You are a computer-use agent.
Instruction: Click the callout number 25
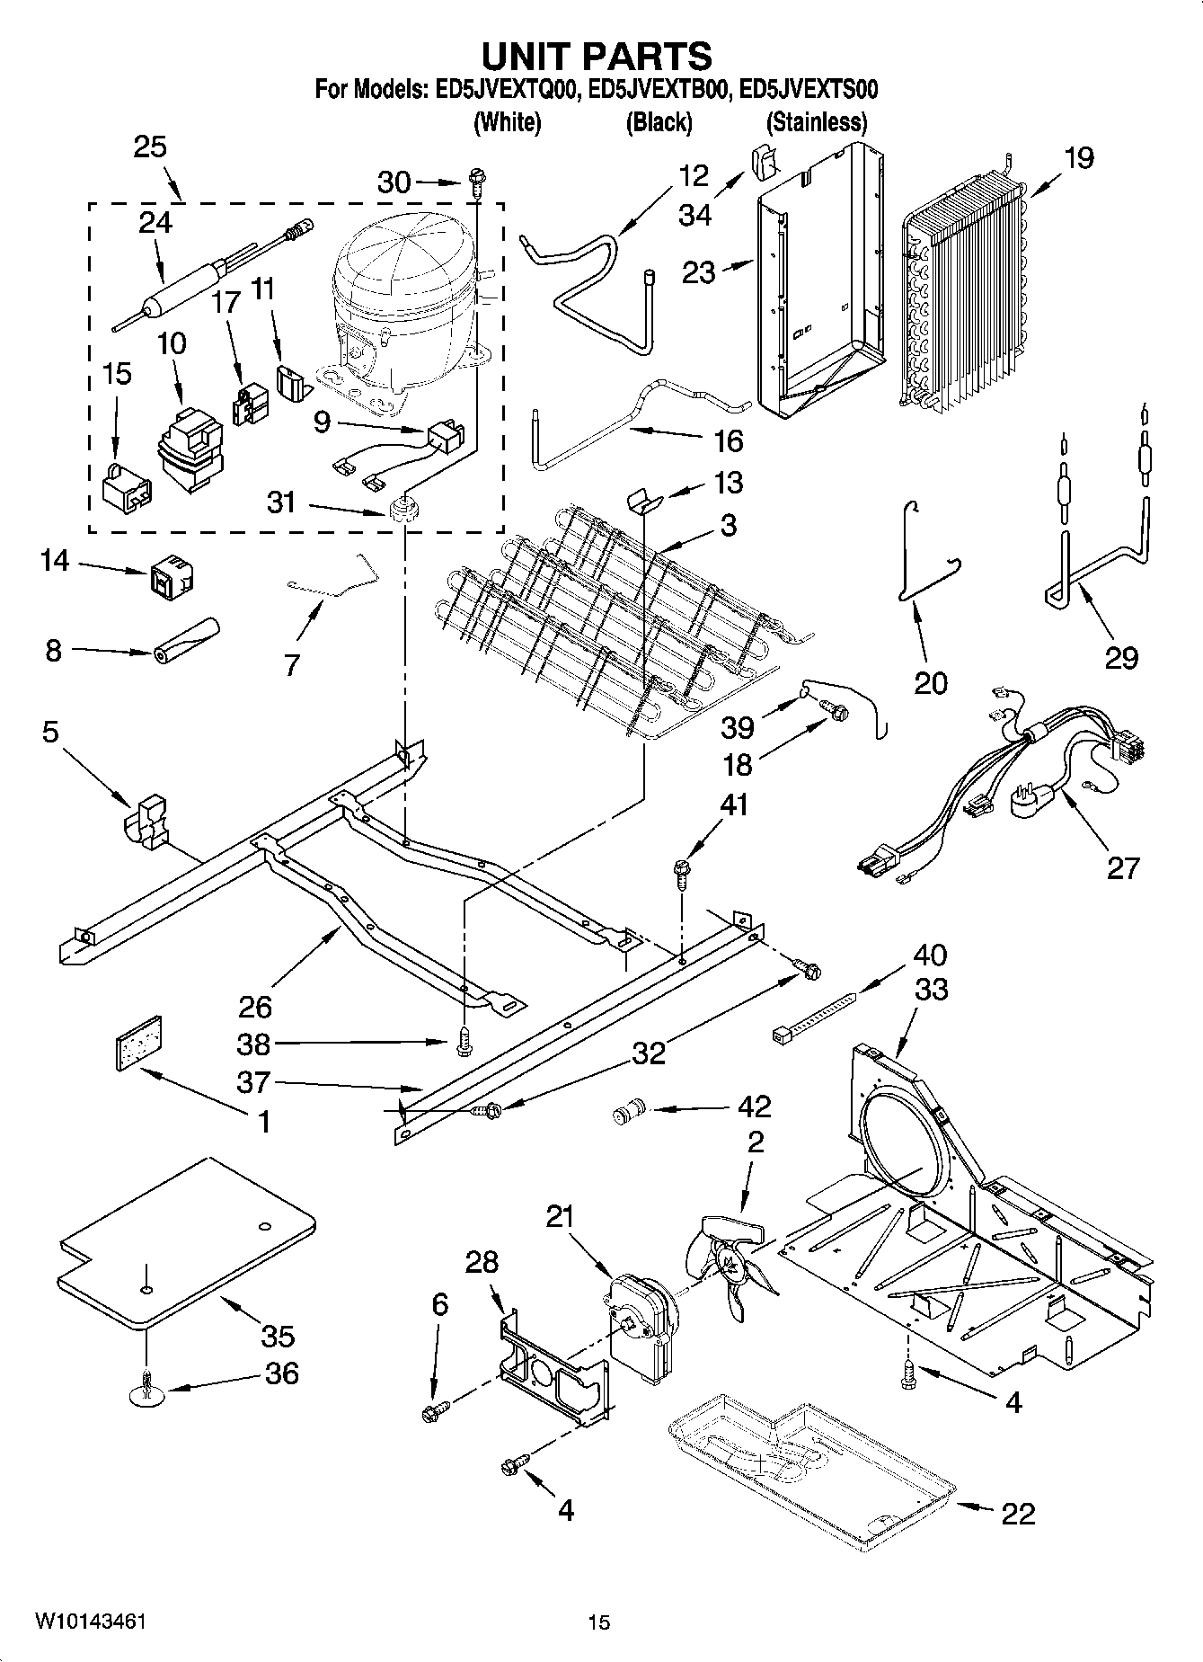(x=150, y=147)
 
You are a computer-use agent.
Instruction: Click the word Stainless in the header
(x=816, y=122)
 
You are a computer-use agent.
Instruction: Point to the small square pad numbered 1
(x=142, y=1043)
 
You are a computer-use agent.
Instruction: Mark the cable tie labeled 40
(x=813, y=1020)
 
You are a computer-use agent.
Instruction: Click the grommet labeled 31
(x=405, y=509)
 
